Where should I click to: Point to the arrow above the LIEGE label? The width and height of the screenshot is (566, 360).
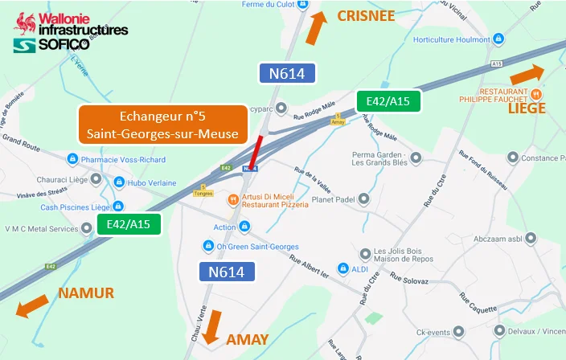click(x=527, y=75)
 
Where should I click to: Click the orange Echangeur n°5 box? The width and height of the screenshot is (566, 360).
click(x=162, y=125)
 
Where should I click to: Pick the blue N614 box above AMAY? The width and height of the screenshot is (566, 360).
click(x=226, y=272)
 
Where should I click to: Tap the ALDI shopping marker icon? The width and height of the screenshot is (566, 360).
click(x=342, y=268)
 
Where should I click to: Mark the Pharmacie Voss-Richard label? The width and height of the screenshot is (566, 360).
click(x=122, y=159)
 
